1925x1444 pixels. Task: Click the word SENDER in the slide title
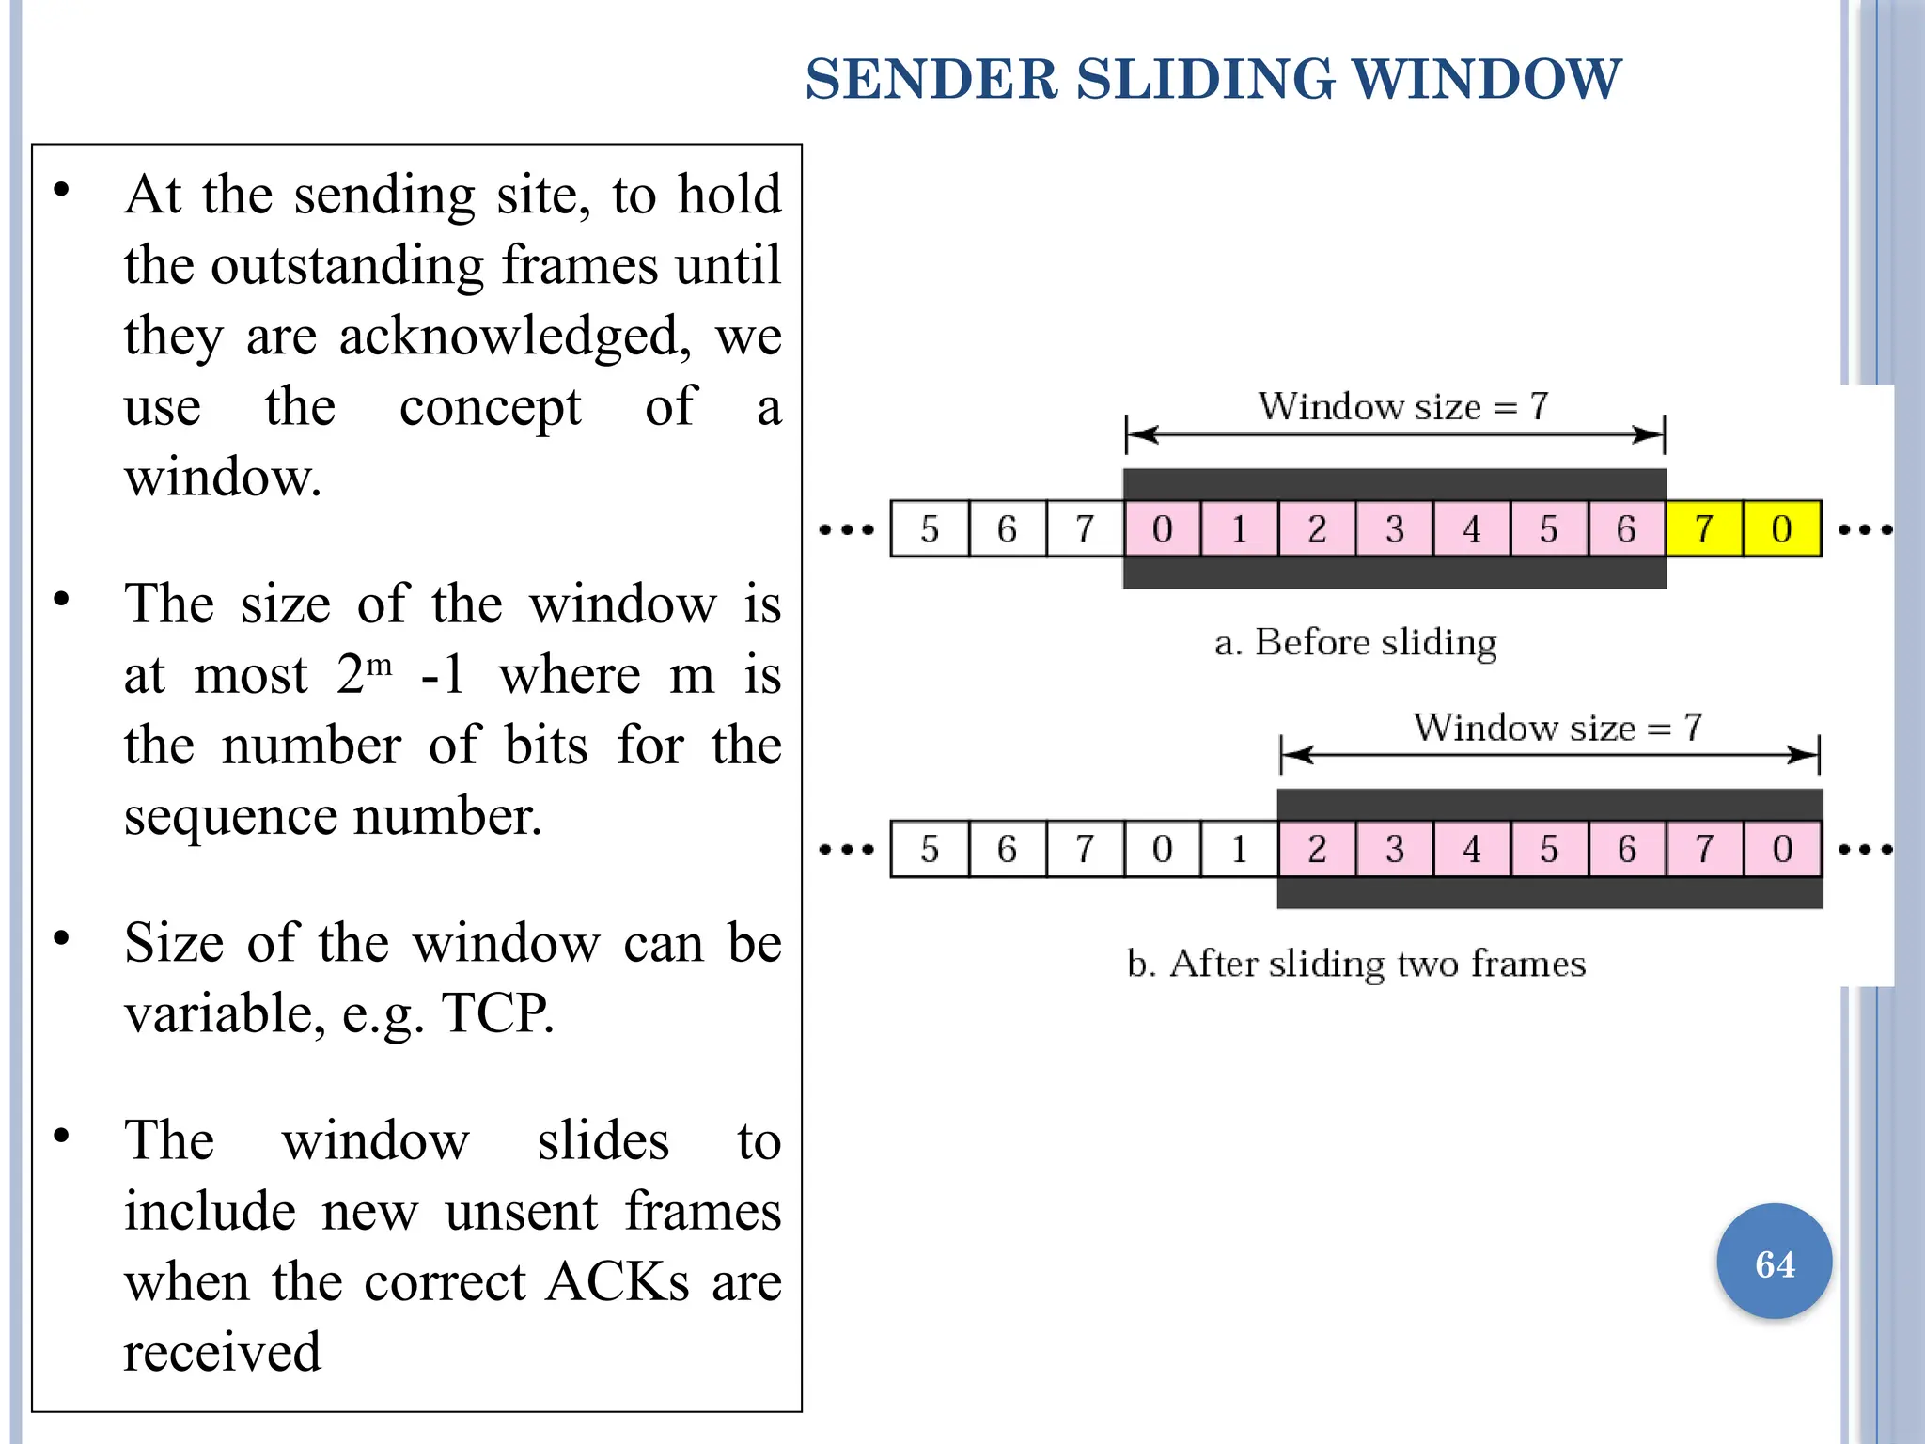click(931, 79)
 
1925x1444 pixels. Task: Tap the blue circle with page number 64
click(1774, 1263)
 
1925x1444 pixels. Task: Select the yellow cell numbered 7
click(1704, 529)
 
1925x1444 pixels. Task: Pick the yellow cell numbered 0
click(1781, 529)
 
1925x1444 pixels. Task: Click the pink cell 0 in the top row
click(1162, 529)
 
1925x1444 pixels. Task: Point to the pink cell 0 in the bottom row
click(1782, 850)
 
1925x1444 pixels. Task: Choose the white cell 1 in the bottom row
click(1239, 850)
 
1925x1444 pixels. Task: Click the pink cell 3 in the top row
click(1394, 529)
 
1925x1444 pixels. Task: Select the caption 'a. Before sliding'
click(1355, 643)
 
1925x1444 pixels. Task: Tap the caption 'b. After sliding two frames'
click(1355, 965)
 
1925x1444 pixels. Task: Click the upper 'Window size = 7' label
click(1402, 407)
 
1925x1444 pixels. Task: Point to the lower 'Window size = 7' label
click(1557, 728)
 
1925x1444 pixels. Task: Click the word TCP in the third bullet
click(496, 1013)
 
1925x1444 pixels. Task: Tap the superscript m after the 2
click(379, 666)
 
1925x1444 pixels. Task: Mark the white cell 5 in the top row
click(929, 529)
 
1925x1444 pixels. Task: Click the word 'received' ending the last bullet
click(223, 1353)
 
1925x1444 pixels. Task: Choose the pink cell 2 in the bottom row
click(1316, 850)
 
